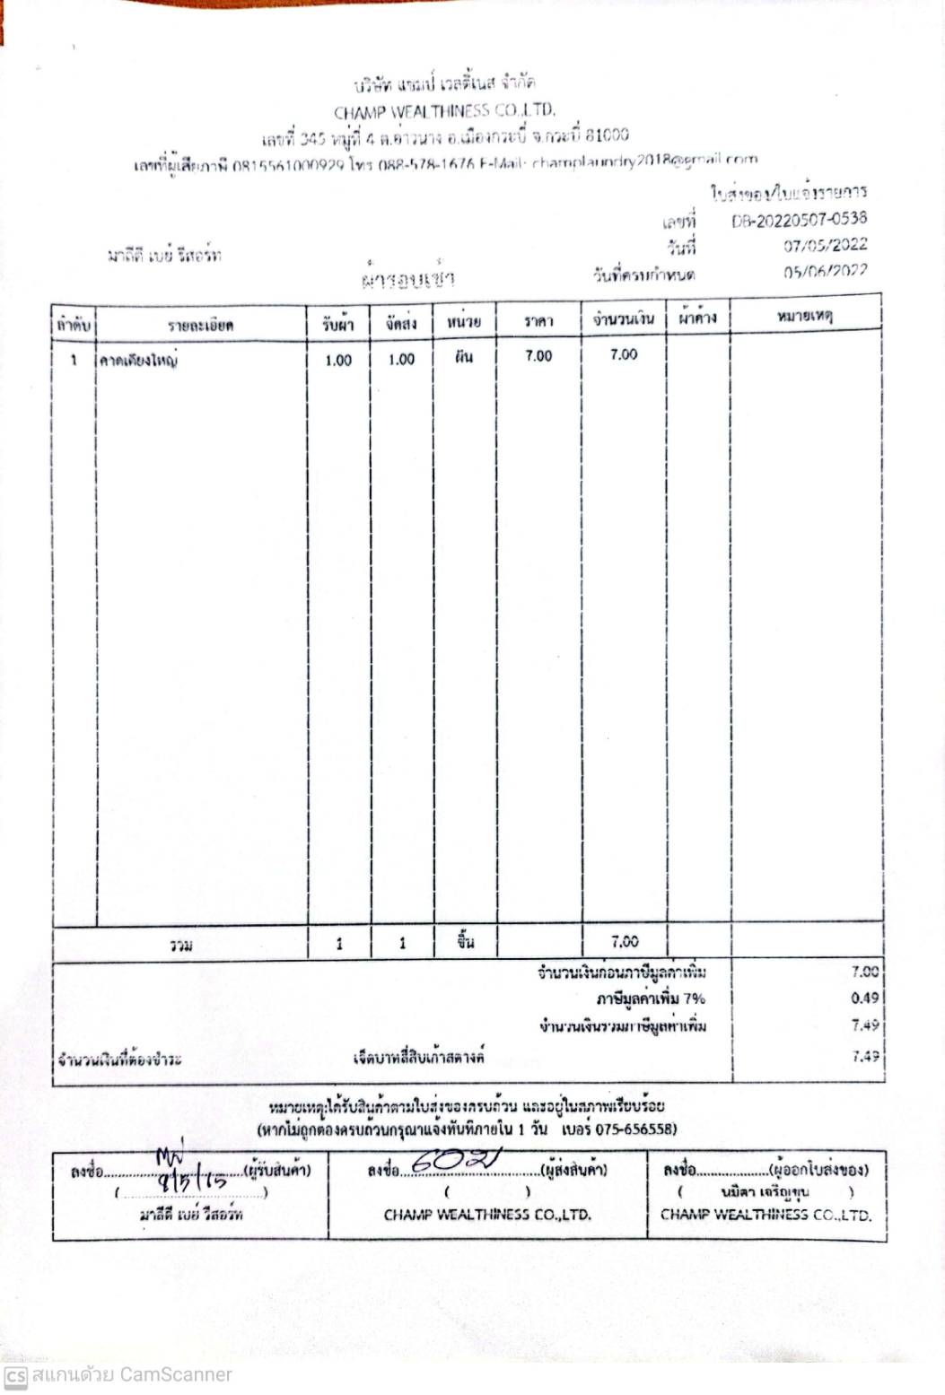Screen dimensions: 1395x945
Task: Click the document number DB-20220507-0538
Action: click(799, 220)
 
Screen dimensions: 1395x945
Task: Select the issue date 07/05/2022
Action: click(825, 245)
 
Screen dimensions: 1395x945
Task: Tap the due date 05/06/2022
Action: click(825, 271)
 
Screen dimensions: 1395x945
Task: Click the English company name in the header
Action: click(444, 112)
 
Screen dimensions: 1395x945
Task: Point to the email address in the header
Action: click(645, 161)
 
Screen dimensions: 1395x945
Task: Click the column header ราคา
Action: click(538, 320)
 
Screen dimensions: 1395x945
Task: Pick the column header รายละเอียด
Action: click(200, 324)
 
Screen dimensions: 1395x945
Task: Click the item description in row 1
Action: click(138, 361)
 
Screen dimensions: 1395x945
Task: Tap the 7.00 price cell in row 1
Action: click(538, 356)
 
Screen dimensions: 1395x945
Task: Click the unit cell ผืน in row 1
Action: click(463, 357)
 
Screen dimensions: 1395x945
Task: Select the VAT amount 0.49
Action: click(865, 998)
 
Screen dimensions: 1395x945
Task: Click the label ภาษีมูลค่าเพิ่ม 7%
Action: click(651, 998)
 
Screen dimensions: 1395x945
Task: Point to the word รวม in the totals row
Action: click(181, 945)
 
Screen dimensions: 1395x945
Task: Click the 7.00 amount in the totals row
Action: click(625, 942)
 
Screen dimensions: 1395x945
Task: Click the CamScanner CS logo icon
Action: click(14, 1376)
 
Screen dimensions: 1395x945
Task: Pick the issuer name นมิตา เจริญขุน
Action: click(764, 1192)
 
